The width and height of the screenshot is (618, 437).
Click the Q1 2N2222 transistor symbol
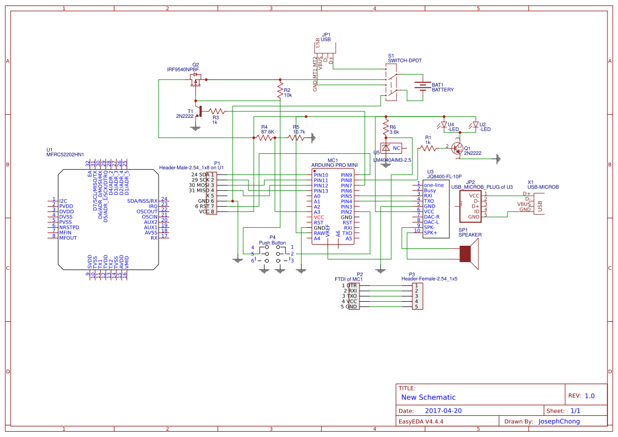pos(457,149)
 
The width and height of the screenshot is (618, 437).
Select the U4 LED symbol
pos(444,126)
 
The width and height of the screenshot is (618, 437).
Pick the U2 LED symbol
pos(475,126)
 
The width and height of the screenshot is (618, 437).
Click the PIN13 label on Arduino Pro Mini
pos(320,191)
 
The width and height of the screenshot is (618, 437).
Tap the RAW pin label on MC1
pos(319,233)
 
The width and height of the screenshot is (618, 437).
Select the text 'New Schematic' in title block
pos(428,397)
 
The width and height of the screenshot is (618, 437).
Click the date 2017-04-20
pos(444,411)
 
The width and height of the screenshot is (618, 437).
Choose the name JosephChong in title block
pos(559,421)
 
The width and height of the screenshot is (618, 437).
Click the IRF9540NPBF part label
pos(183,69)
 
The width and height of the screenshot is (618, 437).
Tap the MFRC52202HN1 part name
pos(65,154)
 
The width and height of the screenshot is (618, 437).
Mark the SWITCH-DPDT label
pos(404,61)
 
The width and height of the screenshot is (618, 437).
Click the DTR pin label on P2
pos(352,285)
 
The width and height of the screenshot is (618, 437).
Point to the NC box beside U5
pos(396,148)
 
